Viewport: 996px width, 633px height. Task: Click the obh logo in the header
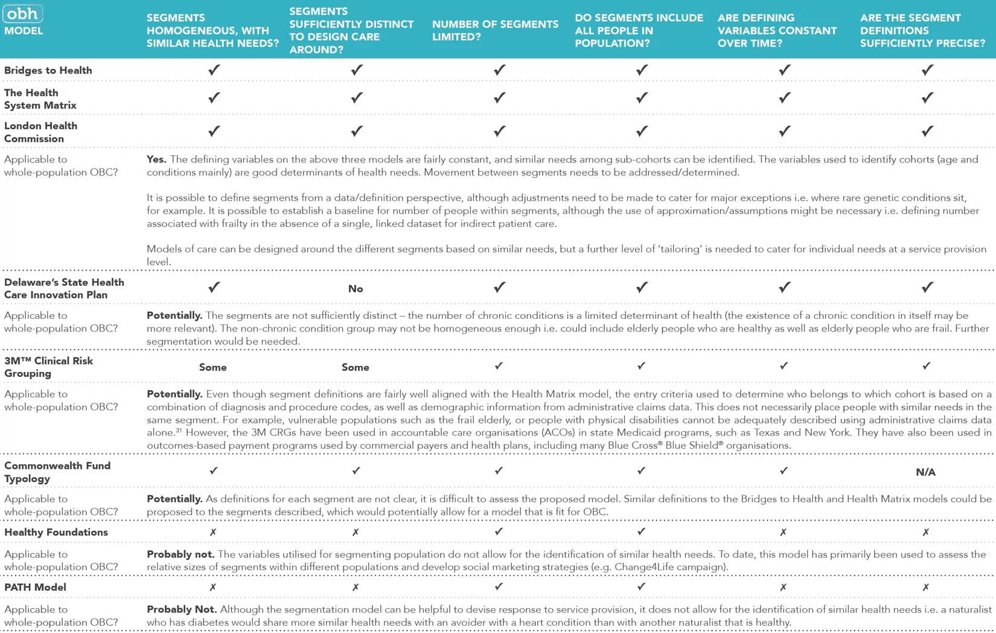tap(23, 13)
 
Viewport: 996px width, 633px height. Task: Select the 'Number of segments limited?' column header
tap(495, 30)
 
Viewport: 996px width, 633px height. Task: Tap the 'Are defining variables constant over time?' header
tap(777, 30)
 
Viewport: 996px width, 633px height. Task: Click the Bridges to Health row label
tap(48, 71)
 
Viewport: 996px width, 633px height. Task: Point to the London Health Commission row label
tap(40, 132)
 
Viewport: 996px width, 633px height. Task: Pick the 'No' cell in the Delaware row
tap(356, 289)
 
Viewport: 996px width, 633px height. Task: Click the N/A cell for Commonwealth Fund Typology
tap(925, 472)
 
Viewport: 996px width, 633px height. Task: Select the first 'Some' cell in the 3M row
tap(213, 367)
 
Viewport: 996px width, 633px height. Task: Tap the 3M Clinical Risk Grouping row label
tap(48, 367)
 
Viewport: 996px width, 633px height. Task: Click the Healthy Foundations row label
tap(56, 532)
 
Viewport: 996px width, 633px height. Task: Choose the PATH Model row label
tap(35, 587)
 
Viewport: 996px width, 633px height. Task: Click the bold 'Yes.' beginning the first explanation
tap(156, 159)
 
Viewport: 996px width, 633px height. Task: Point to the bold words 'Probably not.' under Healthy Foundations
tap(180, 554)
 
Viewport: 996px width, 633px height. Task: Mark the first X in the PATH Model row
tap(213, 587)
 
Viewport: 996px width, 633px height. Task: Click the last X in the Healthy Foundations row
tap(926, 532)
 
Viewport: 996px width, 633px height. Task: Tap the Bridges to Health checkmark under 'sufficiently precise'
tap(927, 70)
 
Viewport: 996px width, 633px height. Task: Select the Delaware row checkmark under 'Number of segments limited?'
tap(499, 288)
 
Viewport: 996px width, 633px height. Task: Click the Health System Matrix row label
tap(40, 99)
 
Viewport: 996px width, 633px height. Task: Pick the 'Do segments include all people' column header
tap(639, 30)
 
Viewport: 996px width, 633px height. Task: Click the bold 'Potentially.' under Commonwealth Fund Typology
tap(174, 499)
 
